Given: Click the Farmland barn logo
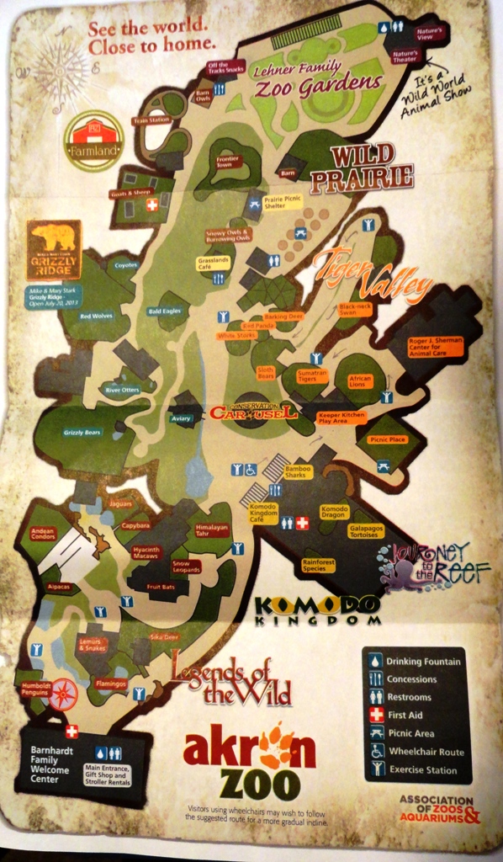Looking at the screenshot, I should pyautogui.click(x=94, y=141).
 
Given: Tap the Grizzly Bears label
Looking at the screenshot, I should pyautogui.click(x=82, y=433).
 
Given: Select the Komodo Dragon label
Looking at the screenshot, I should pyautogui.click(x=334, y=511).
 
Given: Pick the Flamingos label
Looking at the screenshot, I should pyautogui.click(x=110, y=684).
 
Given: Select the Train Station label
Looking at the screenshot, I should pyautogui.click(x=151, y=121).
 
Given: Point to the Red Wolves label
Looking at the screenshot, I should pyautogui.click(x=96, y=317).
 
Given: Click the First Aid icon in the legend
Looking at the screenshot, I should pyautogui.click(x=374, y=715).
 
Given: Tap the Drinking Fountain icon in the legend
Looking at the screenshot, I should pyautogui.click(x=374, y=661).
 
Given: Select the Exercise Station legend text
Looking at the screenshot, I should pyautogui.click(x=421, y=769).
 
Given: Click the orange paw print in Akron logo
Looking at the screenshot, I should pyautogui.click(x=274, y=747).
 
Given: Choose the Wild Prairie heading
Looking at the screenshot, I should pyautogui.click(x=372, y=166).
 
